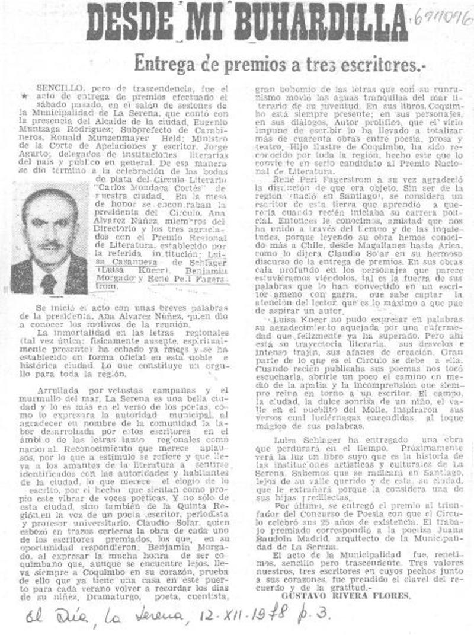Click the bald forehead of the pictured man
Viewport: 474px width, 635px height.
[x=50, y=205]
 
